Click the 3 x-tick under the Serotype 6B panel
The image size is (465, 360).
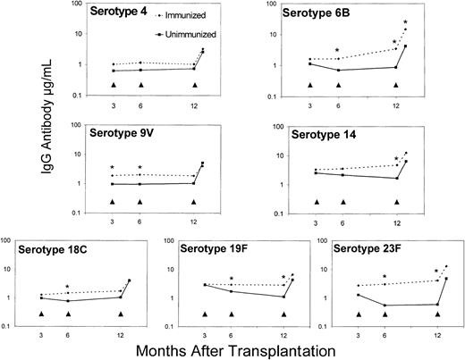[310, 105]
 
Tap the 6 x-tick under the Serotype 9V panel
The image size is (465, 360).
[140, 223]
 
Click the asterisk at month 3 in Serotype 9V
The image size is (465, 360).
[112, 167]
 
